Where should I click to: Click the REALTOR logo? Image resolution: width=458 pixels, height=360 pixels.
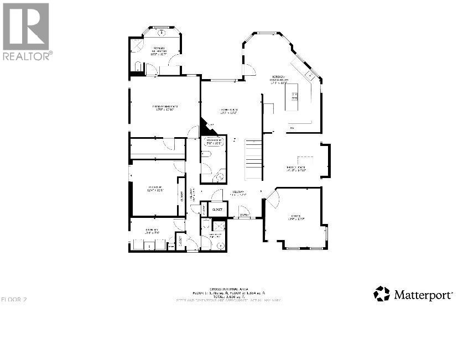(x=26, y=31)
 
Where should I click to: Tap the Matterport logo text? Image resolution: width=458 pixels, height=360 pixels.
(x=423, y=294)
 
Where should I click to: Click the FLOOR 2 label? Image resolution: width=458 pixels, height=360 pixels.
(x=14, y=300)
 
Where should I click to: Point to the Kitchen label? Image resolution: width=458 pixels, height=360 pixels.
(x=279, y=79)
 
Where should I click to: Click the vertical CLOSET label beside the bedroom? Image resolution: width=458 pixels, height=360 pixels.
(x=181, y=196)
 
